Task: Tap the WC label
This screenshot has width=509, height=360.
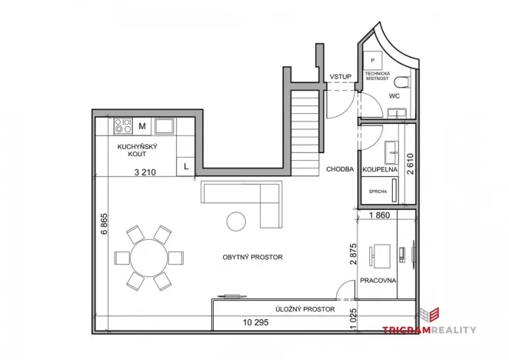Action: pyautogui.click(x=394, y=97)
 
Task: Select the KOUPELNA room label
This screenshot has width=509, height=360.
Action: pyautogui.click(x=379, y=168)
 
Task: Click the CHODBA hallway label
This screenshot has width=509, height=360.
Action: pyautogui.click(x=339, y=168)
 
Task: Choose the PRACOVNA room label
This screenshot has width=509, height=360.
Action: pyautogui.click(x=378, y=281)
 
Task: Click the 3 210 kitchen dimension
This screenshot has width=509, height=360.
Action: pyautogui.click(x=145, y=172)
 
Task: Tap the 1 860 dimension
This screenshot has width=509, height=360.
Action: pyautogui.click(x=381, y=216)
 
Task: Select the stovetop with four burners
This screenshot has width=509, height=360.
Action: pyautogui.click(x=122, y=125)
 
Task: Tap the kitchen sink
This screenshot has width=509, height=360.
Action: pyautogui.click(x=165, y=125)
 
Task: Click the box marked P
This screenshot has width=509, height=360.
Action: pyautogui.click(x=372, y=60)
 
